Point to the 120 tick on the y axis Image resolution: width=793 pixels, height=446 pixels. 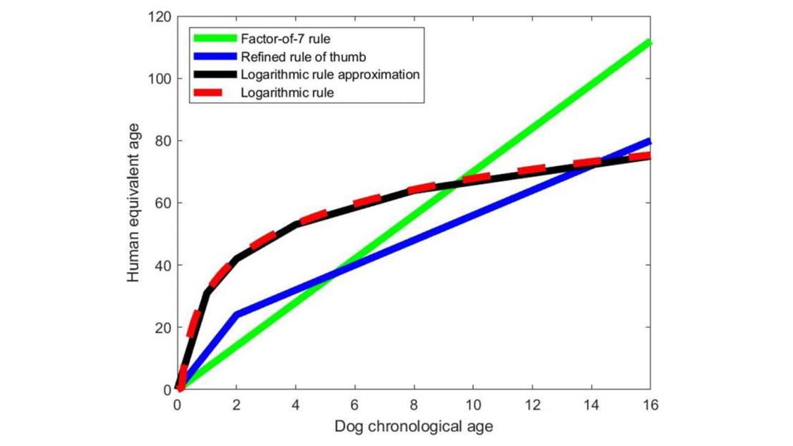coord(161,16)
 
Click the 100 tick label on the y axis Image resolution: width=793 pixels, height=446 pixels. coord(161,78)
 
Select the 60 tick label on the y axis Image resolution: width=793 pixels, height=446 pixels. coord(164,203)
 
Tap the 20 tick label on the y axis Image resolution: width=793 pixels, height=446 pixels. coord(164,327)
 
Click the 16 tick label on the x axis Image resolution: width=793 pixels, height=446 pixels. coord(650,405)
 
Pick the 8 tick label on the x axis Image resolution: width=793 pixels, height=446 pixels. coord(414,405)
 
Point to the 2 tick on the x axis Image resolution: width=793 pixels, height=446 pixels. coord(237,405)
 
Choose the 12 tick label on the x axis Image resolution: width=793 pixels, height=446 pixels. coord(532,405)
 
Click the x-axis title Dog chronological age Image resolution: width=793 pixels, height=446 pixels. coord(414,427)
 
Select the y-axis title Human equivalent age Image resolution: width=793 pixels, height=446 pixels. coord(134,203)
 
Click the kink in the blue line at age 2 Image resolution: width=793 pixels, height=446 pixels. coord(237,314)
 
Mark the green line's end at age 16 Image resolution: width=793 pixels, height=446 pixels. coord(649,42)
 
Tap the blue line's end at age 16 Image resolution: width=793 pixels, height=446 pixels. coord(649,141)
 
